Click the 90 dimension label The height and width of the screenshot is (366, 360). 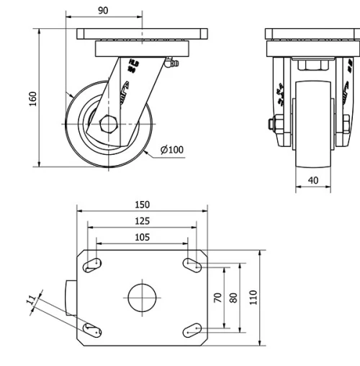coord(103,10)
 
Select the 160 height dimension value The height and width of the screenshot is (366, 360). coord(33,98)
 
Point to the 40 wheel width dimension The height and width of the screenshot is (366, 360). coord(313,180)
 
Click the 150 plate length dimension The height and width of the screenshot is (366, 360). coord(142,205)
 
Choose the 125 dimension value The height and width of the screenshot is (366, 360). coord(142,221)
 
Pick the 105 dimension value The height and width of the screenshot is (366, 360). coord(142,237)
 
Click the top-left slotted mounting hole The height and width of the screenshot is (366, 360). coord(92,264)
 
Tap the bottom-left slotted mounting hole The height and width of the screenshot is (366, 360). coord(92,330)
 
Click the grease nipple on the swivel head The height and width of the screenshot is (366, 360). coord(171,66)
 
